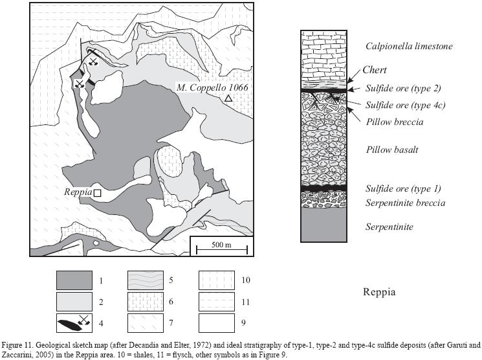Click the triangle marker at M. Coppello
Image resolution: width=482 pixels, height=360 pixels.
tap(228, 98)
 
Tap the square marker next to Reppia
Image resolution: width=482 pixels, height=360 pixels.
tap(97, 192)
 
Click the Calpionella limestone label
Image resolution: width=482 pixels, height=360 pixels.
tap(408, 46)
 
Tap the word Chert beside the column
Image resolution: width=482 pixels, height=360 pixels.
tap(375, 71)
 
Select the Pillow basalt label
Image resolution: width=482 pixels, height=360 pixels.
tap(392, 150)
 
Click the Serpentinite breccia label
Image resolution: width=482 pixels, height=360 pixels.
tap(405, 203)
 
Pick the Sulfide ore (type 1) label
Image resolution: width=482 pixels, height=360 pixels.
tap(403, 188)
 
